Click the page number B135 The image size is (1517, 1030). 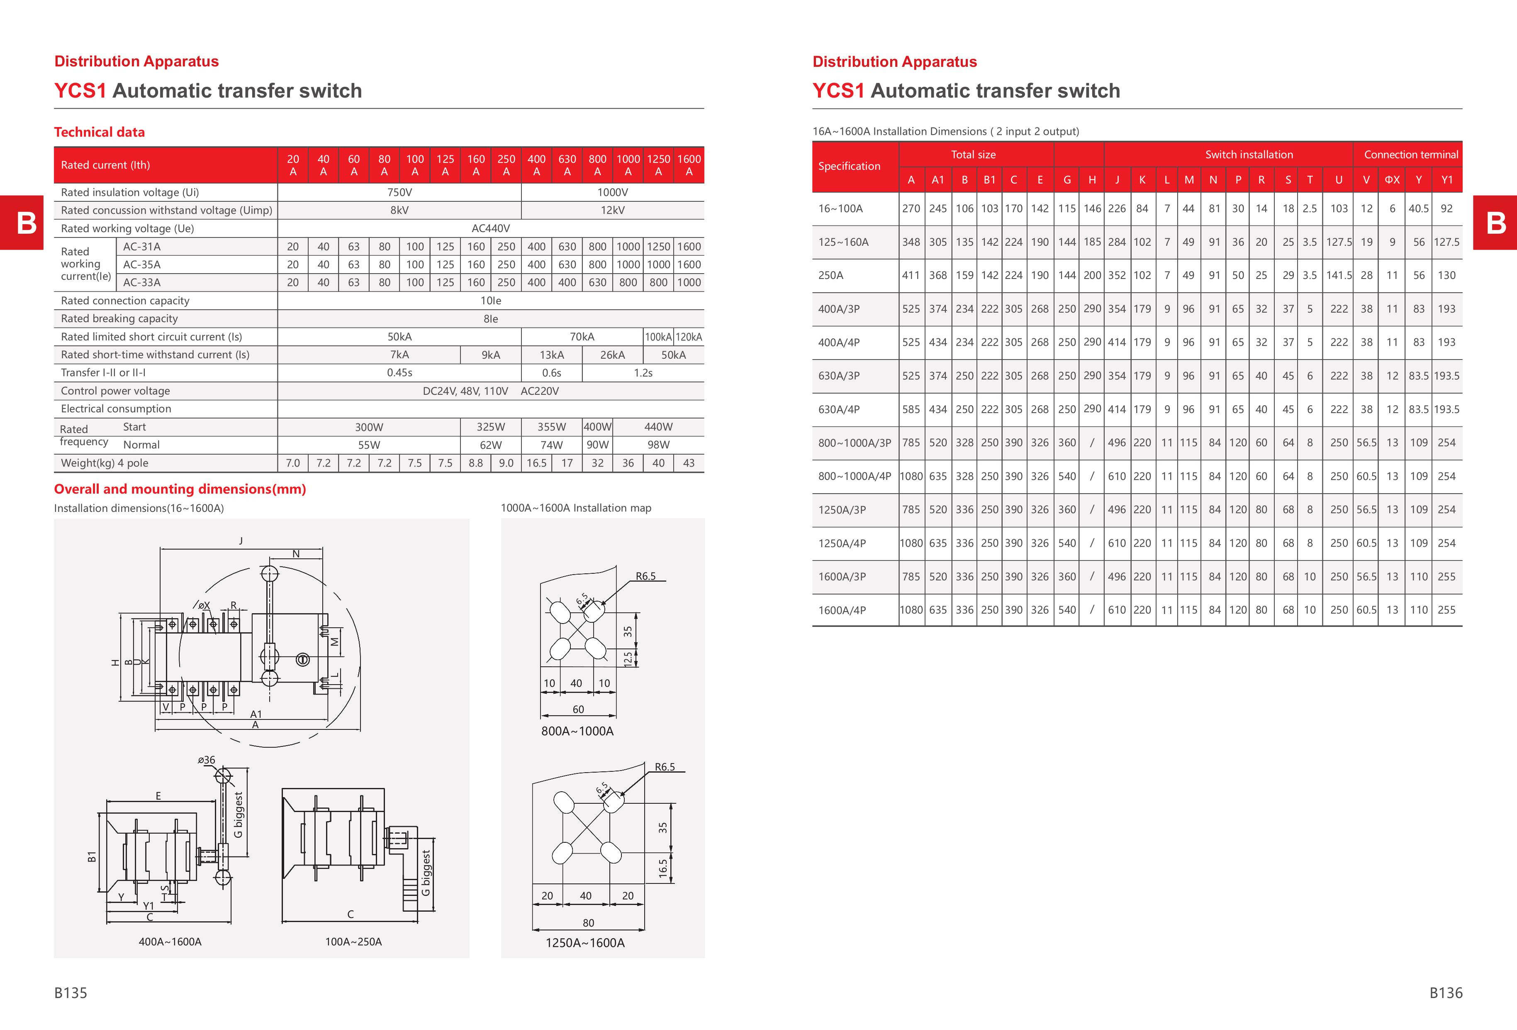(71, 993)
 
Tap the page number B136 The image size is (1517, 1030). (1446, 993)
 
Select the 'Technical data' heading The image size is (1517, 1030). (99, 132)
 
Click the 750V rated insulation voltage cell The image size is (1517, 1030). (399, 192)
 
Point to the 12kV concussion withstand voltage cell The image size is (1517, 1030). (612, 210)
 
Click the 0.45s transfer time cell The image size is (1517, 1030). (399, 373)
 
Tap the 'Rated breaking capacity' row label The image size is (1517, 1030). (119, 319)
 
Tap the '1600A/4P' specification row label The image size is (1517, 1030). (842, 610)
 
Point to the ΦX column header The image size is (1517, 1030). (1392, 180)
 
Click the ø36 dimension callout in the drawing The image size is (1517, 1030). (206, 760)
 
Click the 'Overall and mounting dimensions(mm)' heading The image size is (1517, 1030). (180, 489)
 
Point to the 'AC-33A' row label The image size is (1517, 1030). (141, 283)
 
